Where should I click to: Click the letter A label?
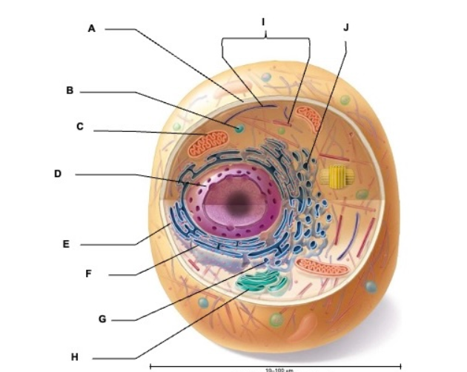click(x=92, y=29)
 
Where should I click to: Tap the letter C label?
click(x=79, y=127)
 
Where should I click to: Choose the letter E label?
click(x=66, y=242)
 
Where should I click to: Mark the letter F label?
click(x=88, y=273)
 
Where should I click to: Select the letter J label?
click(x=345, y=27)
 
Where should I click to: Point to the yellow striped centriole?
click(x=338, y=177)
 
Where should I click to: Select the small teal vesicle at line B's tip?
click(x=239, y=129)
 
